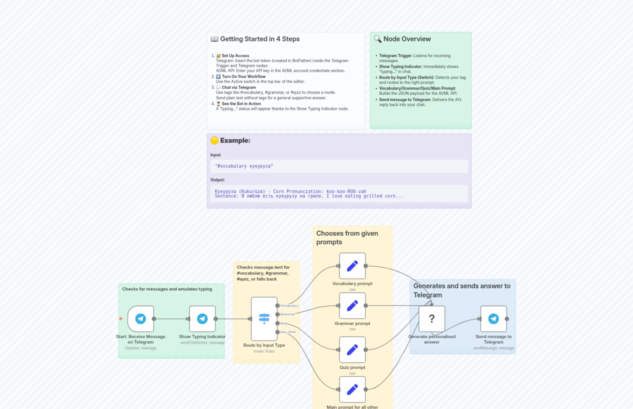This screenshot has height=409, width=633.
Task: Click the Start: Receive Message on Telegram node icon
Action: click(140, 319)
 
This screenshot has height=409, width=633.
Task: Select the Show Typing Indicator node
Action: click(202, 319)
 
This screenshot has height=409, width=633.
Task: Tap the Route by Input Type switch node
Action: click(264, 319)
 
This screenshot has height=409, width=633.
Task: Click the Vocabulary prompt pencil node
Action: click(352, 266)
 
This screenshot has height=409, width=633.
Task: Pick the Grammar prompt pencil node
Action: click(352, 306)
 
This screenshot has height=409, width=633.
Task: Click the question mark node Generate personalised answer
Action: click(432, 319)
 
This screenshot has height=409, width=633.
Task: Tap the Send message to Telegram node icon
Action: click(493, 319)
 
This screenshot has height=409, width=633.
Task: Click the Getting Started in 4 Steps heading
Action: click(260, 39)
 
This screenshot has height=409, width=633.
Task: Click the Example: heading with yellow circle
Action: click(235, 140)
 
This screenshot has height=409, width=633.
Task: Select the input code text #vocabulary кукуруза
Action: click(244, 166)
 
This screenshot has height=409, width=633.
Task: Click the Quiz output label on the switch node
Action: click(284, 323)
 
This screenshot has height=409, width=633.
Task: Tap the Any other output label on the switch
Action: click(288, 332)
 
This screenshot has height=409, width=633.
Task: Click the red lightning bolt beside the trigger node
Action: click(121, 318)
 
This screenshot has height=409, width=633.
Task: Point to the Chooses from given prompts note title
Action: click(347, 237)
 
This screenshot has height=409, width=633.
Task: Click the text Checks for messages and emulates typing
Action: click(167, 289)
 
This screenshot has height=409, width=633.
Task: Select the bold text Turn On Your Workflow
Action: click(244, 77)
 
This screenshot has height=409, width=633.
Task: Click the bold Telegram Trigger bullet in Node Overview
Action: click(395, 56)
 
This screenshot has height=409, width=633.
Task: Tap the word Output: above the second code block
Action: click(217, 180)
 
